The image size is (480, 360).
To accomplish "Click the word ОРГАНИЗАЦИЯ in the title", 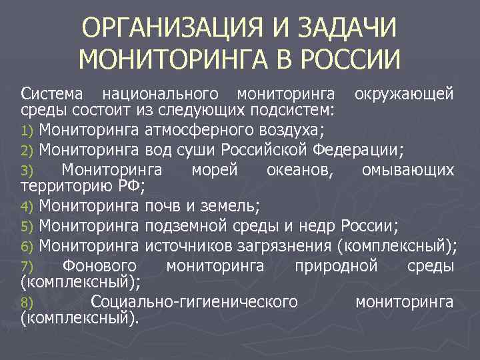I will [x=171, y=30].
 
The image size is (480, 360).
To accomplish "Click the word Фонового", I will [x=99, y=266].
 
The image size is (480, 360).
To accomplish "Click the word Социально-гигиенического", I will [x=194, y=302].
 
